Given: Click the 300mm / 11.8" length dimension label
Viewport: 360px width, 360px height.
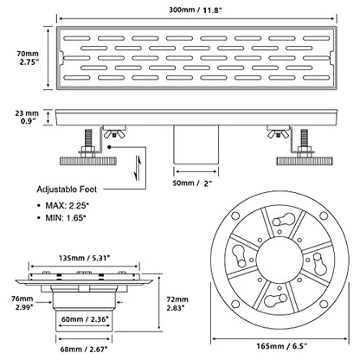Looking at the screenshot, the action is pyautogui.click(x=196, y=10).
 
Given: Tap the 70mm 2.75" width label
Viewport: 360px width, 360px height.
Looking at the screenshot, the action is pyautogui.click(x=28, y=57).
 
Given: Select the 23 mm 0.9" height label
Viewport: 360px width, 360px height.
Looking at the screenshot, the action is pyautogui.click(x=27, y=117).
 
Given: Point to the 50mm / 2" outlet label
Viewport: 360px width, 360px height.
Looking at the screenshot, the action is pyautogui.click(x=192, y=183).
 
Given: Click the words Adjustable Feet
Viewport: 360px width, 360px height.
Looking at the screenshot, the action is pyautogui.click(x=67, y=190).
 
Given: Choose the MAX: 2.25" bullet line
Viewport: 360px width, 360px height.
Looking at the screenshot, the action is pyautogui.click(x=63, y=206).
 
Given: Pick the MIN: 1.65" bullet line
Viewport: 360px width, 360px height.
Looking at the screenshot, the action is pyautogui.click(x=61, y=218).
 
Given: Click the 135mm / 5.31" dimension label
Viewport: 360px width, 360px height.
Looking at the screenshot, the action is pyautogui.click(x=84, y=258).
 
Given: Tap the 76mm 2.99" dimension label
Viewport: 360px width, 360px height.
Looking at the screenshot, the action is pyautogui.click(x=24, y=303).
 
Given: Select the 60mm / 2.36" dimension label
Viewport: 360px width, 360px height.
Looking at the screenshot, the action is pyautogui.click(x=85, y=318).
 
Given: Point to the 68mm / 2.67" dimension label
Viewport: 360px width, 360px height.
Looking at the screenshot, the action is pyautogui.click(x=84, y=349).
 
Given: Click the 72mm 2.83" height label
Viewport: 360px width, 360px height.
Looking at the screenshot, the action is pyautogui.click(x=177, y=304).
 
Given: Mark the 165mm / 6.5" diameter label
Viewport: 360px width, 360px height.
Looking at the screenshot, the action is pyautogui.click(x=281, y=345).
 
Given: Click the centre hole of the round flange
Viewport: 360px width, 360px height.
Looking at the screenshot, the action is pyautogui.click(x=280, y=260).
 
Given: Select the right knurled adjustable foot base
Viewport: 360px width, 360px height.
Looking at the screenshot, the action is pyautogui.click(x=305, y=161).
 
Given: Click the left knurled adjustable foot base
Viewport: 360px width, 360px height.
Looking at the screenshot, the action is pyautogui.click(x=88, y=161).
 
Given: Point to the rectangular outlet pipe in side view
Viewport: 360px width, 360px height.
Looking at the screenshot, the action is pyautogui.click(x=196, y=145).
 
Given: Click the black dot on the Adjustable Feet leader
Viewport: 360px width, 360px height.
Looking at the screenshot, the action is pyautogui.click(x=109, y=147).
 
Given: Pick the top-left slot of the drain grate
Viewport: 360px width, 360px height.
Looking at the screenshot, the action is pyautogui.click(x=77, y=38).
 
